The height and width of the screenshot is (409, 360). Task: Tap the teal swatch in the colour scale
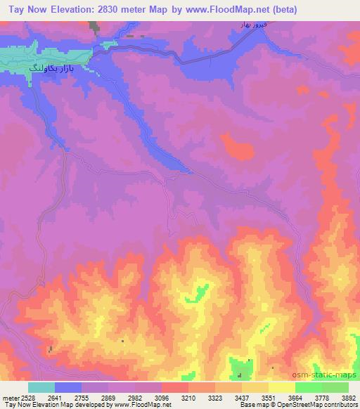(x=41, y=387)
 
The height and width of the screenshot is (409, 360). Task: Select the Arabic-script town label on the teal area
(x=53, y=69)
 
